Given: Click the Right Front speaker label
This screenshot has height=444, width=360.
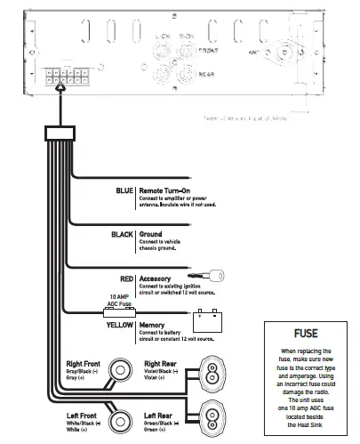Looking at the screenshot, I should pyautogui.click(x=85, y=364).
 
